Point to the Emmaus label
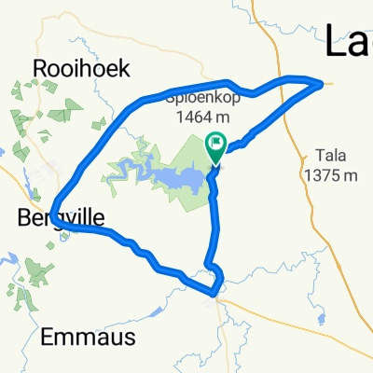90,336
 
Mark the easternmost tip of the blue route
323,84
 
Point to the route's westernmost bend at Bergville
52,214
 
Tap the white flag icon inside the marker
216,143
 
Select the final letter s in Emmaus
131,336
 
